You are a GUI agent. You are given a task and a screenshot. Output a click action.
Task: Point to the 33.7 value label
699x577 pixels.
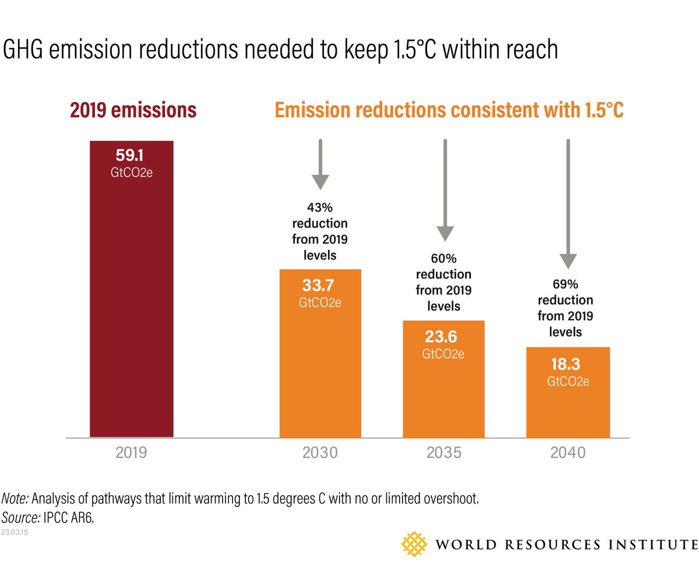[x=320, y=286]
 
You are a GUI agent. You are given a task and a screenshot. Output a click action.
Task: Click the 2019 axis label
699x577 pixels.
[x=132, y=453]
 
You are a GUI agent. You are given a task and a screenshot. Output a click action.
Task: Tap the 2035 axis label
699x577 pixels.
[x=444, y=453]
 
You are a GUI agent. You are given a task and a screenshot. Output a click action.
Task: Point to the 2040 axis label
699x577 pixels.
[x=568, y=453]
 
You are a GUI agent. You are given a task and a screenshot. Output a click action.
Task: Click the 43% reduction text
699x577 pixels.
[x=320, y=231]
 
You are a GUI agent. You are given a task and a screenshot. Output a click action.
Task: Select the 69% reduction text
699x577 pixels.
[x=565, y=308]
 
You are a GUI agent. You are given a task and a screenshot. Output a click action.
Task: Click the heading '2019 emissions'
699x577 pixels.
[x=133, y=111]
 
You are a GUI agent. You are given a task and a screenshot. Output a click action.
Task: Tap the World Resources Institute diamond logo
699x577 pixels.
[x=415, y=543]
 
